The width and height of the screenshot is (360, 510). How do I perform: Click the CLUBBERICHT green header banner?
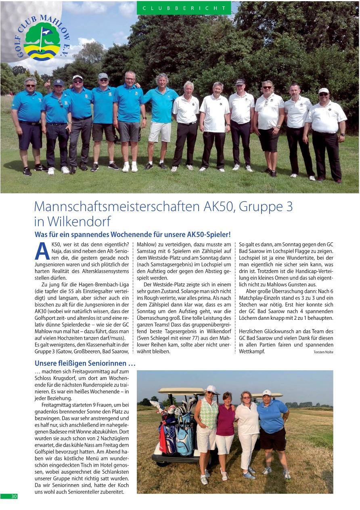(x=184, y=8)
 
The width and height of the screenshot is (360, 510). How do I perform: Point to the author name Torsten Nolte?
(x=323, y=352)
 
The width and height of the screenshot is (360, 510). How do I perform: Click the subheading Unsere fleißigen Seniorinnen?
(x=85, y=363)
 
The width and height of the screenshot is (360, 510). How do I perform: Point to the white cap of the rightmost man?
(x=323, y=91)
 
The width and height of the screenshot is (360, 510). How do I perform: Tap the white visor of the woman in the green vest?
(x=210, y=389)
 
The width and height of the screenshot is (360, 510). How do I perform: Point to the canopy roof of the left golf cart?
(x=182, y=390)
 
